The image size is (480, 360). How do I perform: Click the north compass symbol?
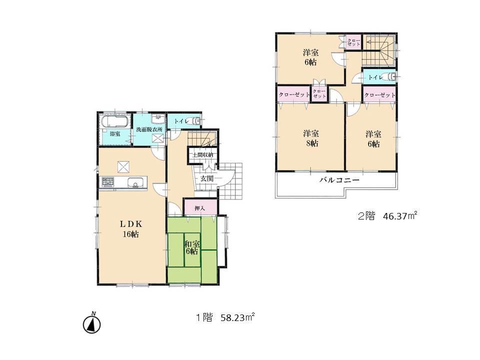click(91, 323)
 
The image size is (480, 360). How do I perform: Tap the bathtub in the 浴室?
click(115, 121)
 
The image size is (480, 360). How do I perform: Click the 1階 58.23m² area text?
click(225, 317)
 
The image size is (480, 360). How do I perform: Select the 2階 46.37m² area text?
click(387, 216)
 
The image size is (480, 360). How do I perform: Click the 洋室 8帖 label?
click(310, 138)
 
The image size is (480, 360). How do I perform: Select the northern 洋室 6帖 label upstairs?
click(310, 57)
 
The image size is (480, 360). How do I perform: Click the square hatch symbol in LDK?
click(123, 166)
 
